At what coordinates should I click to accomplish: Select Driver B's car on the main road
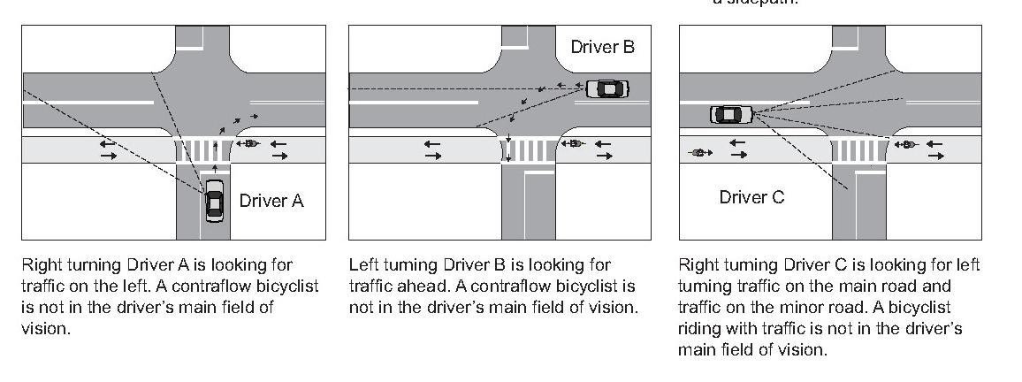[607, 88]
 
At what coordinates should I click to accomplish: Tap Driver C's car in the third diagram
[730, 114]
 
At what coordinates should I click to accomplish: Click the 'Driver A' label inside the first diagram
[271, 201]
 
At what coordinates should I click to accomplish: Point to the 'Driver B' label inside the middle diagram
[603, 47]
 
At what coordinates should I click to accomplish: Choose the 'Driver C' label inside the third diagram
[751, 197]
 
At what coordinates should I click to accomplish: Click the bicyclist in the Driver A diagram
[248, 143]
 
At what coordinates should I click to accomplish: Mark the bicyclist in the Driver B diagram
[574, 143]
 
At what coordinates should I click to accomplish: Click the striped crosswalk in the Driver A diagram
[202, 149]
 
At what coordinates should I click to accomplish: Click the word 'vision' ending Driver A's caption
[44, 328]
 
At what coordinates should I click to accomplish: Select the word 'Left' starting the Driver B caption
[362, 264]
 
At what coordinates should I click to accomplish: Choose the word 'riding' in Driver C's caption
[698, 329]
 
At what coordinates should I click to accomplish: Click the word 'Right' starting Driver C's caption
[697, 264]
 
